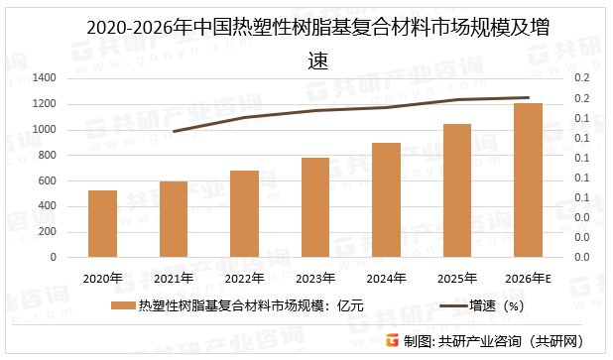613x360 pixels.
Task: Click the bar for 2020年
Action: (x=102, y=223)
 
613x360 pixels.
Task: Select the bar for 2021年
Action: (x=174, y=219)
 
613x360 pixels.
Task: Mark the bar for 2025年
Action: (x=457, y=190)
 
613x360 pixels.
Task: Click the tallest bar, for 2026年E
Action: (x=528, y=180)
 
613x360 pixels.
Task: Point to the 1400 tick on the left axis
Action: (x=44, y=78)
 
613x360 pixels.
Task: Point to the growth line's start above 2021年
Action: (x=174, y=131)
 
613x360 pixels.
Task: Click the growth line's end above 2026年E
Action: (x=528, y=97)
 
